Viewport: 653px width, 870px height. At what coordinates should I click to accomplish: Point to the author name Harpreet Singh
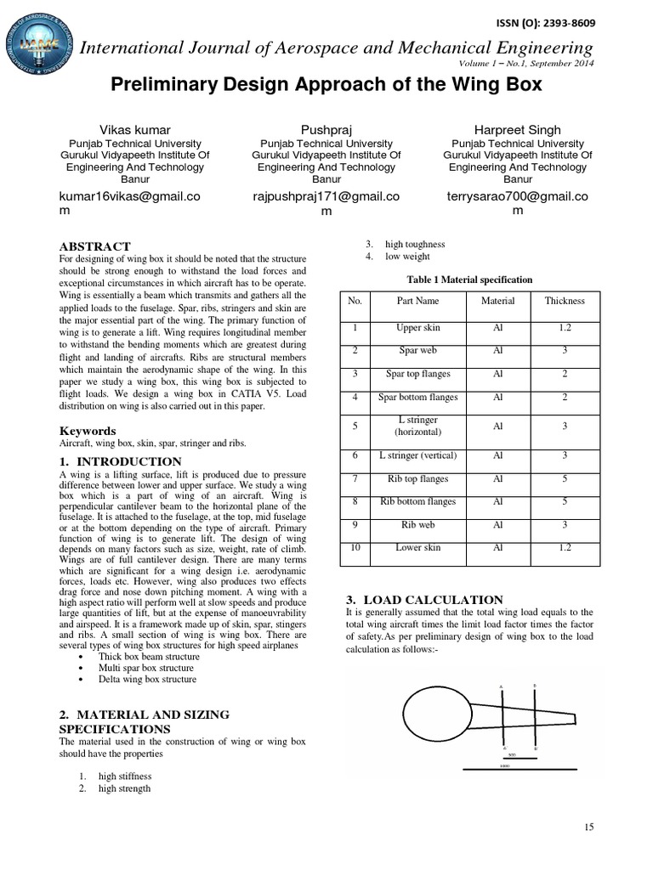tap(518, 130)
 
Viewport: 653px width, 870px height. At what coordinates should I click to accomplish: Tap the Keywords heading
tap(87, 431)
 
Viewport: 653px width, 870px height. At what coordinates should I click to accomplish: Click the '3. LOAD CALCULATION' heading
tap(424, 599)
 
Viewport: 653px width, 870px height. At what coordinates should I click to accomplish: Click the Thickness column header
tap(565, 301)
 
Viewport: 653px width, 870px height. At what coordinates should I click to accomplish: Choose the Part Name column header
tap(417, 301)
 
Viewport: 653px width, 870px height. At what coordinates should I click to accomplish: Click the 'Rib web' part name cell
tap(417, 525)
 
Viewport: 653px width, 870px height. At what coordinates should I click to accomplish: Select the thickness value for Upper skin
tap(565, 328)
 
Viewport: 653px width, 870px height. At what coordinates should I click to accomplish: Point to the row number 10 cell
tap(355, 548)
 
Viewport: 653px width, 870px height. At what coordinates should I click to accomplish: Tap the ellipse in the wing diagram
tap(435, 710)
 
